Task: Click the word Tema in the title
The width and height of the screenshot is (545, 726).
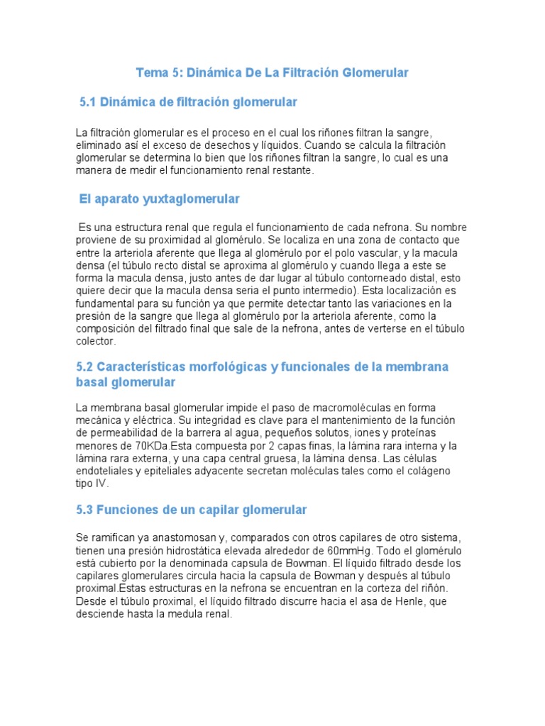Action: click(x=150, y=73)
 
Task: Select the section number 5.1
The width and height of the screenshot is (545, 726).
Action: click(x=87, y=103)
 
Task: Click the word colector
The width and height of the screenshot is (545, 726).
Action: click(x=95, y=341)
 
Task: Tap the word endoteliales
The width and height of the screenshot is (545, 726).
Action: click(x=104, y=471)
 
